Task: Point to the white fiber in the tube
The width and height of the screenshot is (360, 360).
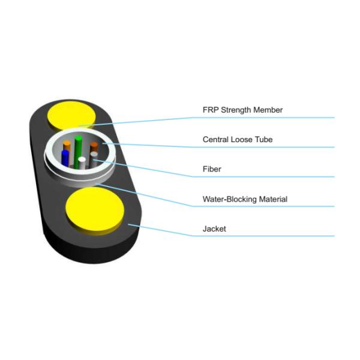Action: [82, 163]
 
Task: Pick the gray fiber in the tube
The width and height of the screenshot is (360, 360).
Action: [94, 158]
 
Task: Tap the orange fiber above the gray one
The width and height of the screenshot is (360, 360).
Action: [94, 146]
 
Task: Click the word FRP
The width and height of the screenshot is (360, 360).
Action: [210, 110]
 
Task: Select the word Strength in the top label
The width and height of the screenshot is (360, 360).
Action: [236, 110]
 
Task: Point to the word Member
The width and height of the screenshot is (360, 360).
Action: [268, 110]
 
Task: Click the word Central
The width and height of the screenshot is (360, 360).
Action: [215, 140]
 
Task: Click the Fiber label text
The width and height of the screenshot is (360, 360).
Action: [212, 169]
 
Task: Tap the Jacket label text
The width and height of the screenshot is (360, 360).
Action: [214, 229]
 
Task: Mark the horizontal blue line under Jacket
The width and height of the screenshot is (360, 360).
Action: [264, 236]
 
